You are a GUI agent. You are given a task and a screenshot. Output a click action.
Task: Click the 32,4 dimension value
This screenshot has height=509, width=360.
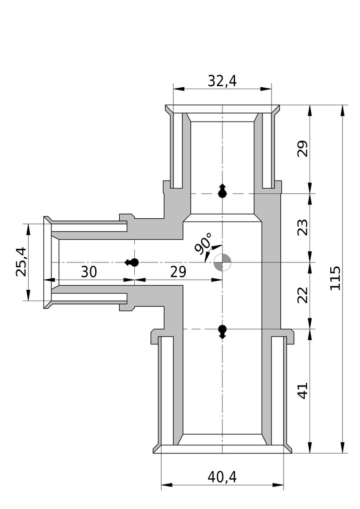pyautogui.click(x=222, y=81)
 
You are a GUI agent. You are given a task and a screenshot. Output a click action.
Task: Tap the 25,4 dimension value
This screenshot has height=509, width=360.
pyautogui.click(x=21, y=262)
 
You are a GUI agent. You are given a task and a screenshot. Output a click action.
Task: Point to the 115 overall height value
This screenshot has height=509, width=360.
pyautogui.click(x=335, y=278)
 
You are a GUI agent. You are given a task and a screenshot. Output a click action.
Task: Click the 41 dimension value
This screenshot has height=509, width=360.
pyautogui.click(x=303, y=391)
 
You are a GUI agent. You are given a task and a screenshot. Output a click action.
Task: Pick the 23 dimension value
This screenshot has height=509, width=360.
pyautogui.click(x=303, y=228)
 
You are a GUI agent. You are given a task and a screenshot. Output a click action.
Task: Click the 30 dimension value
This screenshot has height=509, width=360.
pyautogui.click(x=89, y=272)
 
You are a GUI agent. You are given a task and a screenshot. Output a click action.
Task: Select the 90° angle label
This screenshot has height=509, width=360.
pyautogui.click(x=204, y=242)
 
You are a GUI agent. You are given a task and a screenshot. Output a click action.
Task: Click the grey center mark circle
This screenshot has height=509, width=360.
pyautogui.click(x=222, y=263)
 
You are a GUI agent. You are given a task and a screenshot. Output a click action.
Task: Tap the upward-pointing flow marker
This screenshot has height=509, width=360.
pyautogui.click(x=222, y=190)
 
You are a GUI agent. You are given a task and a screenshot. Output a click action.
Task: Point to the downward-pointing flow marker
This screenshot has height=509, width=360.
pyautogui.click(x=222, y=332)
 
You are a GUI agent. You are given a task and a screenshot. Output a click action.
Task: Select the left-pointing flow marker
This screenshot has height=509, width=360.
pyautogui.click(x=132, y=263)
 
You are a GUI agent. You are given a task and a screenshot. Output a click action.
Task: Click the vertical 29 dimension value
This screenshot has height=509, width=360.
pyautogui.click(x=303, y=148)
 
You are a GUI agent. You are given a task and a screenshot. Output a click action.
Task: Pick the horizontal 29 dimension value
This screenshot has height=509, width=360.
pyautogui.click(x=178, y=272)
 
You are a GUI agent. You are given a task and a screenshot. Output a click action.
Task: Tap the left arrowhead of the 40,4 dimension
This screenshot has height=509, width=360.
pyautogui.click(x=166, y=485)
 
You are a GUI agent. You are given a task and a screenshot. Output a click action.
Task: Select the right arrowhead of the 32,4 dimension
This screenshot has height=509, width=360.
pyautogui.click(x=266, y=89)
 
